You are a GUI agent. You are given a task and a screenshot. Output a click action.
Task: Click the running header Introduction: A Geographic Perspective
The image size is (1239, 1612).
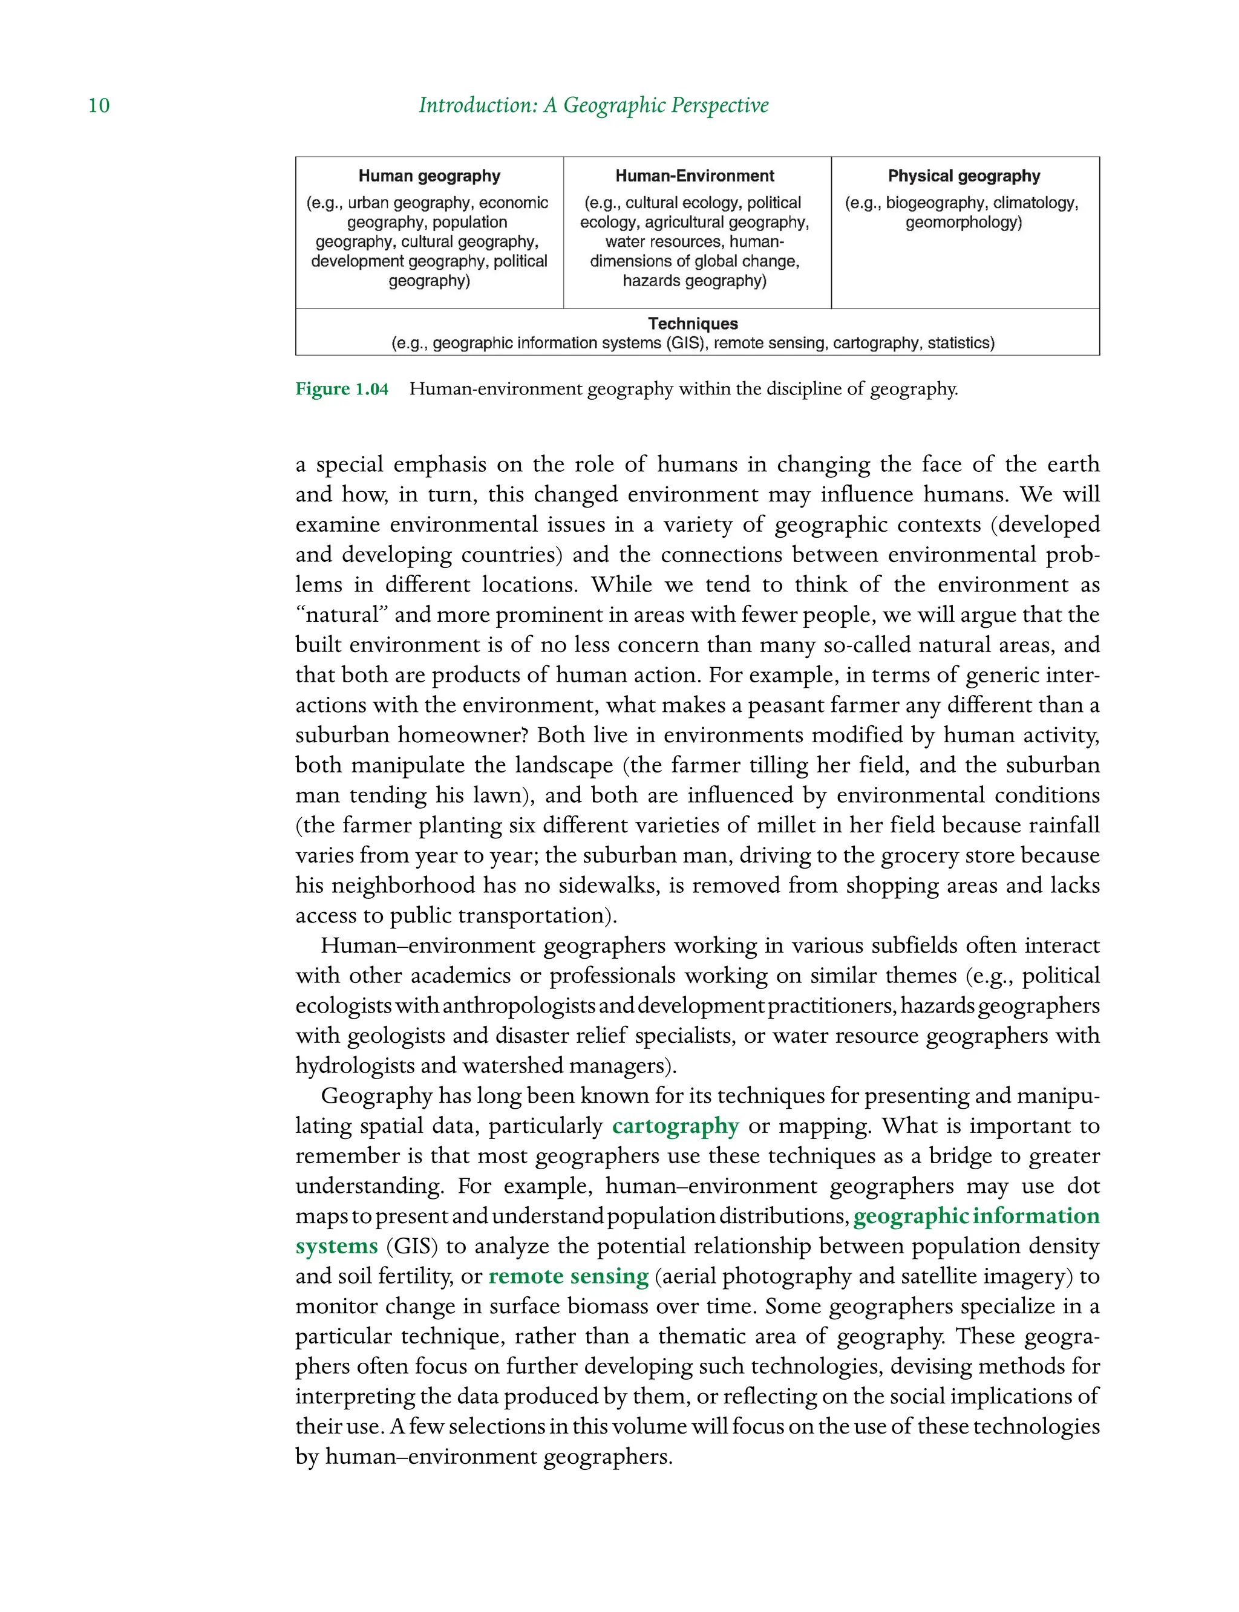coord(593,105)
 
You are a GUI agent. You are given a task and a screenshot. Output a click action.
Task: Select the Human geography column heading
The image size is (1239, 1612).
coord(429,176)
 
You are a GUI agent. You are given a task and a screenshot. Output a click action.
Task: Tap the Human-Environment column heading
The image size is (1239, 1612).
coord(695,176)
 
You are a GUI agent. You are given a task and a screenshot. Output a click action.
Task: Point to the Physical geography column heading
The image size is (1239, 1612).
coord(964,176)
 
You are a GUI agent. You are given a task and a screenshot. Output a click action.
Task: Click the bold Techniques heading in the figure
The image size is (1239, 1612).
coord(693,324)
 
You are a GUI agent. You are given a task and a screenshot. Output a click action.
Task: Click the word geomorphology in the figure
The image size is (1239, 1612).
coord(963,223)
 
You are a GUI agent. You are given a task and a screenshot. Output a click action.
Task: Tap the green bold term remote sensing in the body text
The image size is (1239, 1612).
coord(568,1276)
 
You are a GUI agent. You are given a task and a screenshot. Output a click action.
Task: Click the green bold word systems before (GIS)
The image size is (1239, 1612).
coord(336,1246)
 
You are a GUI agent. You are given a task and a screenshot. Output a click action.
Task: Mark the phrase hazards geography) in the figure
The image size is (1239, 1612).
coord(695,281)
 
